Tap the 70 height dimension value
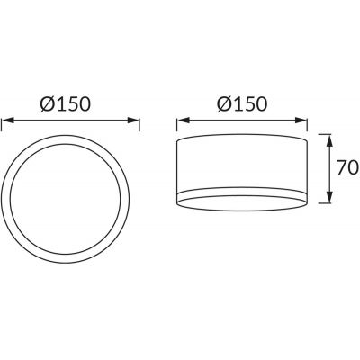coord(346,167)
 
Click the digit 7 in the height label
coord(340,167)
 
